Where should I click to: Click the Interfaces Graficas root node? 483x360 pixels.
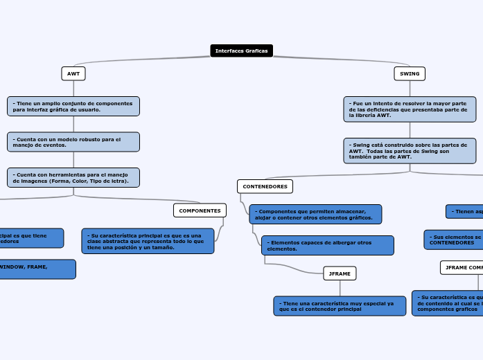[241, 51]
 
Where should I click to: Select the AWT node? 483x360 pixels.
[73, 73]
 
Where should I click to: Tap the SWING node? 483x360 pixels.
[410, 73]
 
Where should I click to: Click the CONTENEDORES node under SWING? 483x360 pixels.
[265, 186]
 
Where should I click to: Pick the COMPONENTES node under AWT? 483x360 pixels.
[200, 210]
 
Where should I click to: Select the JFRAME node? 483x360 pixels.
[340, 273]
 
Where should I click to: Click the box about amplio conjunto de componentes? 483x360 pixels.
[73, 106]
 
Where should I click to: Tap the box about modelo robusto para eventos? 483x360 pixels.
[73, 142]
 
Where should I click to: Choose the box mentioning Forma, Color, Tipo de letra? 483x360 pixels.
[73, 177]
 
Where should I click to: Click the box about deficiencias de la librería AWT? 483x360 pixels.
[410, 109]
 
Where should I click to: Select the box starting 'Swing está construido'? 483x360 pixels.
[410, 150]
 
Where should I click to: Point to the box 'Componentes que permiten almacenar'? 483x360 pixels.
[315, 214]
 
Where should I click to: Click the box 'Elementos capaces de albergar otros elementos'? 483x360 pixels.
[327, 245]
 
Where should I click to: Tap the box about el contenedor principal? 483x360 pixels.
[340, 306]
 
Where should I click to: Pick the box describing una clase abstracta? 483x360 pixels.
[148, 241]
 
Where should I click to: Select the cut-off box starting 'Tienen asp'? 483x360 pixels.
[464, 211]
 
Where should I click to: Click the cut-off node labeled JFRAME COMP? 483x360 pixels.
[462, 267]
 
